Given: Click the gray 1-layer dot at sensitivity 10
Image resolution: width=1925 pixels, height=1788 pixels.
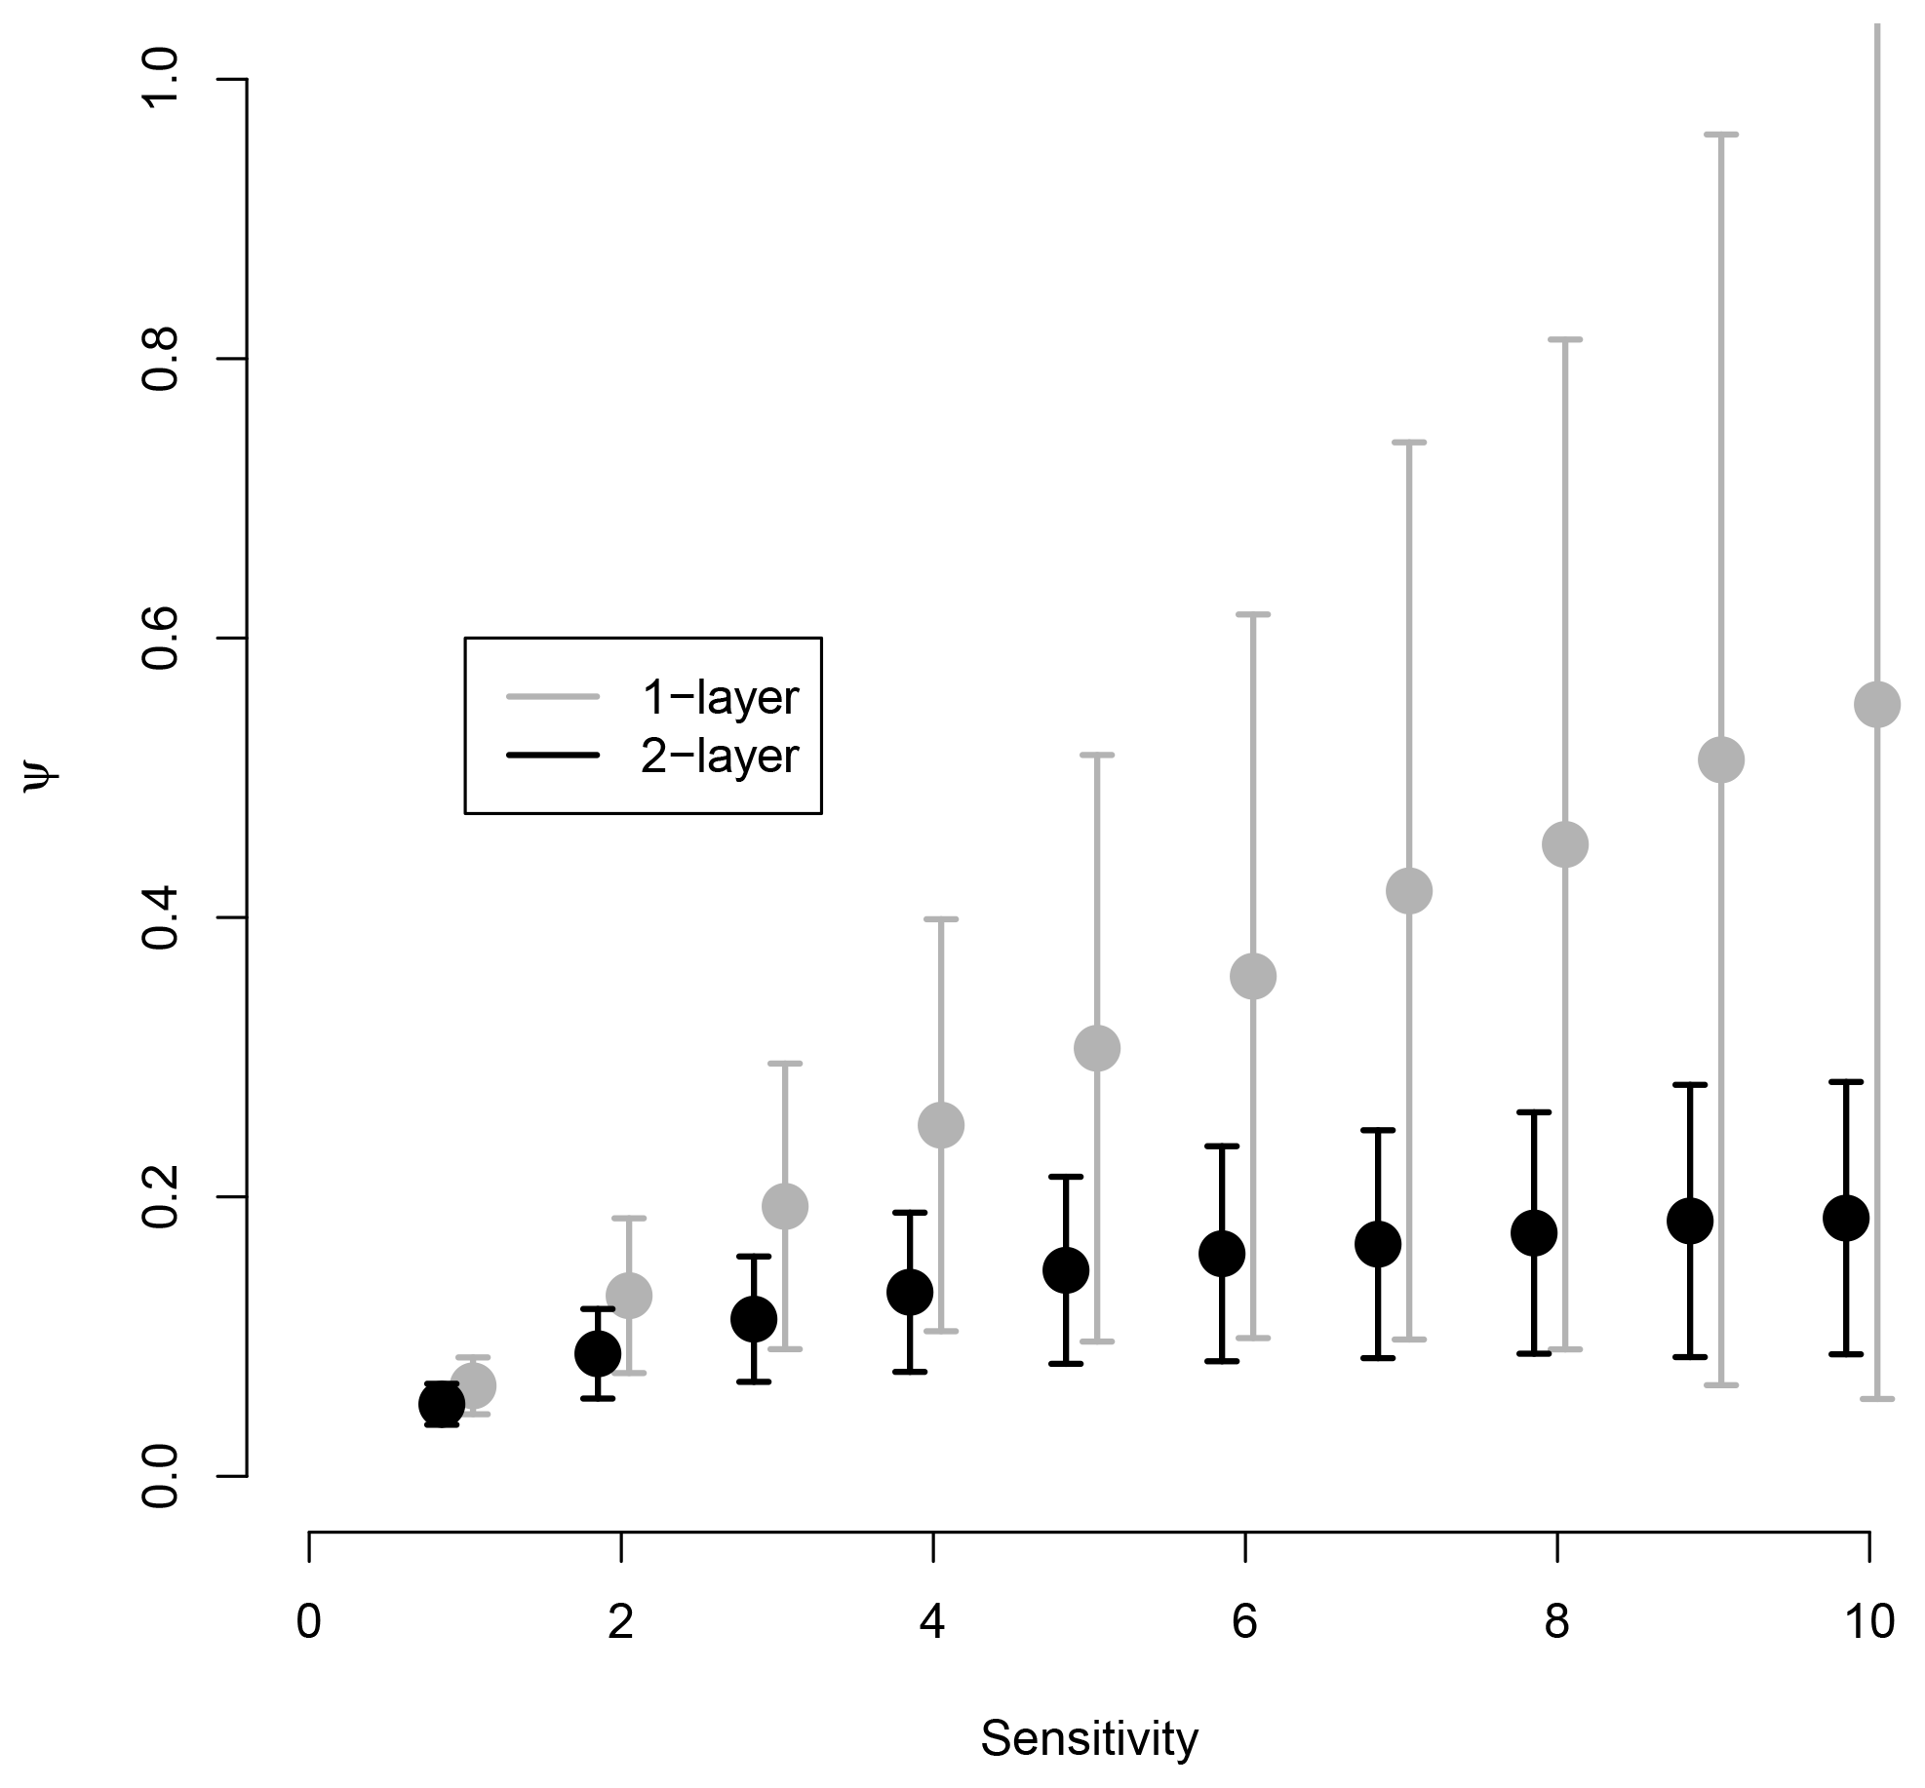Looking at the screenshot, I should [1876, 704].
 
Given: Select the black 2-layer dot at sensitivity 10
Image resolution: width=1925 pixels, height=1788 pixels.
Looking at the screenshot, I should [1845, 1218].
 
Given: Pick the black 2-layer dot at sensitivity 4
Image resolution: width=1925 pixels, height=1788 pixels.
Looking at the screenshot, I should [909, 1292].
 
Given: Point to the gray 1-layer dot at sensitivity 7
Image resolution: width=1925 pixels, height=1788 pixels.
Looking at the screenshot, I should [1408, 890].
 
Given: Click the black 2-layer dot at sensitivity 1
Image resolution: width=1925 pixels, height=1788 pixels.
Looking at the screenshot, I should [441, 1405].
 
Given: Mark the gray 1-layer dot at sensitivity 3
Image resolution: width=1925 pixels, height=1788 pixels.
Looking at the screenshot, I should [784, 1207].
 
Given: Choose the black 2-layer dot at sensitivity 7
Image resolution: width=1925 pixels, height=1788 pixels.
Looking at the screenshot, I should [1377, 1244].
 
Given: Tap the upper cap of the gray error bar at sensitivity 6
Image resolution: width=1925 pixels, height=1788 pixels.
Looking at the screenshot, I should [1252, 614].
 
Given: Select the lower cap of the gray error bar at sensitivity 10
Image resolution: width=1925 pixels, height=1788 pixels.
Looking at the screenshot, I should [1876, 1399].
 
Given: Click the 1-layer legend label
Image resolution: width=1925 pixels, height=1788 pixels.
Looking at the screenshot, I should [720, 698].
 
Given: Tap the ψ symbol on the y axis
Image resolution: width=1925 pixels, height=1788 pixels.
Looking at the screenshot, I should [42, 777].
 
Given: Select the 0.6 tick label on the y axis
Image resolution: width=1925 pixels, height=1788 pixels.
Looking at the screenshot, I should [161, 639].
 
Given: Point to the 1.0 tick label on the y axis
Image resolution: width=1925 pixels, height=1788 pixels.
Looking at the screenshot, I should [161, 79].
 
